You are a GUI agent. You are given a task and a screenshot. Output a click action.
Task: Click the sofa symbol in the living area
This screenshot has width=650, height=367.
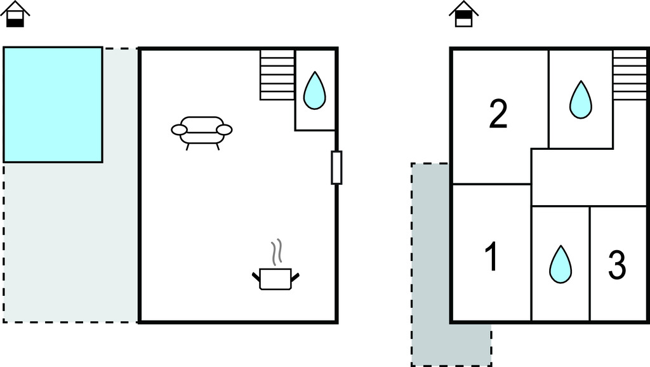coord(201,133)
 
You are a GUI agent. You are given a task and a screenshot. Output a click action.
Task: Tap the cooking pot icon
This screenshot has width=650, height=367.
coord(275,279)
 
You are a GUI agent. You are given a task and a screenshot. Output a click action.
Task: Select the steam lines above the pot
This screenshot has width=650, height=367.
coord(277,252)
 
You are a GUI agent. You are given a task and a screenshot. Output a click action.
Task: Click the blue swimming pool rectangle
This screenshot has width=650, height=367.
coord(53,105)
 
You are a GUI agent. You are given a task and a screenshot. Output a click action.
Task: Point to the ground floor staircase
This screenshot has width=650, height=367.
coord(277,75)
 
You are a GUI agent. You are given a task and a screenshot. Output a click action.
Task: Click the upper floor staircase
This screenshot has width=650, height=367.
coord(630,75)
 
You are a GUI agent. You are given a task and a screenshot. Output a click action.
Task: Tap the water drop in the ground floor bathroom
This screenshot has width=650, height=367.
coord(315,90)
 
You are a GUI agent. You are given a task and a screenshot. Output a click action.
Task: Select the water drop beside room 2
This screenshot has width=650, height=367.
coord(580,100)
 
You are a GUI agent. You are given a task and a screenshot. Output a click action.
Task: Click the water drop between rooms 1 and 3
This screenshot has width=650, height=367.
coord(560,264)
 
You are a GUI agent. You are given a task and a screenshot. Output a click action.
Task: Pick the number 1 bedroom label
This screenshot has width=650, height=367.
coord(492,257)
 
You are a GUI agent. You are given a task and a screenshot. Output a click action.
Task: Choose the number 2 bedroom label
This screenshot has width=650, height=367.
coord(498,114)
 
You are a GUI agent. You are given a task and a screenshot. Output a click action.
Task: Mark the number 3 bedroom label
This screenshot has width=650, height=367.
coord(617,265)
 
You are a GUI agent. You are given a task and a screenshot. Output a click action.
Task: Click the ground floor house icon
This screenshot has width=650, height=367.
coord(15,14)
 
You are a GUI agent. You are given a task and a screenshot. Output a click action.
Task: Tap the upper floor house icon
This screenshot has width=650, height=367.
coord(464,14)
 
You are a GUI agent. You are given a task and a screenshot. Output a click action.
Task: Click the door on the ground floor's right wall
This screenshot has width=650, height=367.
coord(336,168)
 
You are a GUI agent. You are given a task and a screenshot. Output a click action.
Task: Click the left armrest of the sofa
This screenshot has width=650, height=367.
coord(179,130)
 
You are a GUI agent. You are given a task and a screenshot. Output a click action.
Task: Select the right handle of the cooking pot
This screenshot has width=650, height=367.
coord(295,277)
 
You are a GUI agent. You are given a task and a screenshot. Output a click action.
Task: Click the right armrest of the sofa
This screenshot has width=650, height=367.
coord(224,130)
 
